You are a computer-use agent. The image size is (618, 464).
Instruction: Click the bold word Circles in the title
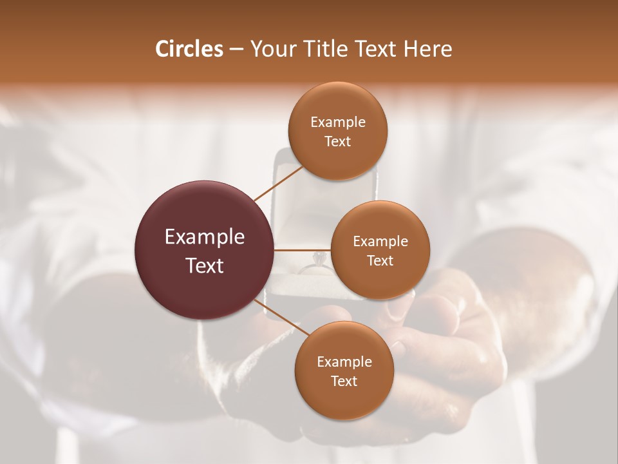pyautogui.click(x=189, y=49)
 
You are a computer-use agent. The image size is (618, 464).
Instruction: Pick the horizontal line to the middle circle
pyautogui.click(x=303, y=250)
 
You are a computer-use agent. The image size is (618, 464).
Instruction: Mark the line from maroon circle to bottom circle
pyautogui.click(x=281, y=318)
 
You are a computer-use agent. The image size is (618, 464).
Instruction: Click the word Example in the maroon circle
pyautogui.click(x=205, y=237)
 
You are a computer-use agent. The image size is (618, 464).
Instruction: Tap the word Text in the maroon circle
pyautogui.click(x=205, y=265)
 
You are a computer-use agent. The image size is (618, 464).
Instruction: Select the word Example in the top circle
pyautogui.click(x=338, y=122)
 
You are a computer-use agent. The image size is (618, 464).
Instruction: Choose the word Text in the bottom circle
pyautogui.click(x=344, y=381)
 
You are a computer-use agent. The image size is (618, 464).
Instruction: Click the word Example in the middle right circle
pyautogui.click(x=380, y=242)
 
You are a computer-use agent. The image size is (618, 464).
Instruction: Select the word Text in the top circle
pyautogui.click(x=338, y=141)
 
